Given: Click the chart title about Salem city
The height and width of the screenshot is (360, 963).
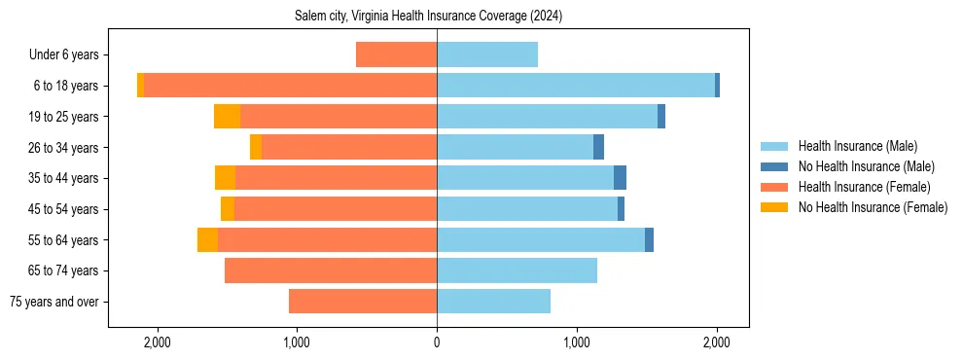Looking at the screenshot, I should pos(428,17).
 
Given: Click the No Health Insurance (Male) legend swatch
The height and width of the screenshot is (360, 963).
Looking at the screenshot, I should pos(773,166).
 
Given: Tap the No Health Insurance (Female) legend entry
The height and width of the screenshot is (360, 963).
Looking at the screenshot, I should pos(873,207).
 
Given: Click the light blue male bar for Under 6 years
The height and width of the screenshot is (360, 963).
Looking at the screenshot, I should pos(486,54).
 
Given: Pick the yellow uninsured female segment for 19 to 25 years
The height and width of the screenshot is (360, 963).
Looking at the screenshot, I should pos(227,117).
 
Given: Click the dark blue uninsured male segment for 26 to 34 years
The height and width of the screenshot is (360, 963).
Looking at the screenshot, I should pos(598,147).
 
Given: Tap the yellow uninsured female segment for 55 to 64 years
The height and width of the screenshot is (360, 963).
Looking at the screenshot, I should pos(207,239).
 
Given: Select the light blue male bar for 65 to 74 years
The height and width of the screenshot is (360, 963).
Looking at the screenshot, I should pos(517,270).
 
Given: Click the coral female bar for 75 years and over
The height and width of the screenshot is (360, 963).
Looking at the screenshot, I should pos(363,302).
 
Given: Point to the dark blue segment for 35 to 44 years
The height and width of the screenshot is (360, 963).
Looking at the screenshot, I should pos(620,178).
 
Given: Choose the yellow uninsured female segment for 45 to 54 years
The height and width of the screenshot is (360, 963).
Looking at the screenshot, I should pos(228,209).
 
